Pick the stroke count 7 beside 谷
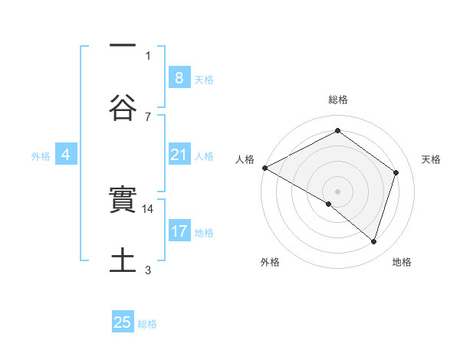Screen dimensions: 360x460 coord(148,116)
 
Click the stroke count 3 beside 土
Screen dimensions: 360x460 coord(148,269)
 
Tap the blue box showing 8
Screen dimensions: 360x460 coord(179,78)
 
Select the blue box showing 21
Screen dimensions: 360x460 coord(179,155)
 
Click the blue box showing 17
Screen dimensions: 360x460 coord(179,232)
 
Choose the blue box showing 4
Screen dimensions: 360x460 coord(66,155)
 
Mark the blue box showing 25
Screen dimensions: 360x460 coord(123,323)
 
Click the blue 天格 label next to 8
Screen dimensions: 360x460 coord(204,80)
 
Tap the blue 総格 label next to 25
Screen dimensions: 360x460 coord(148,324)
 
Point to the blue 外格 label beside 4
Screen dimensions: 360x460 coord(41,156)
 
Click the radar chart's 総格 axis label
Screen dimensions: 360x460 coord(338,100)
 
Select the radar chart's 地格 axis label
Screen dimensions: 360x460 coord(402,262)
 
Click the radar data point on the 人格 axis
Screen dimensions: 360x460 coord(264,168)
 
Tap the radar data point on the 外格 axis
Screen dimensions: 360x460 coord(329,204)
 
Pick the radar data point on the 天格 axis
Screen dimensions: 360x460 coord(396,172)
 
